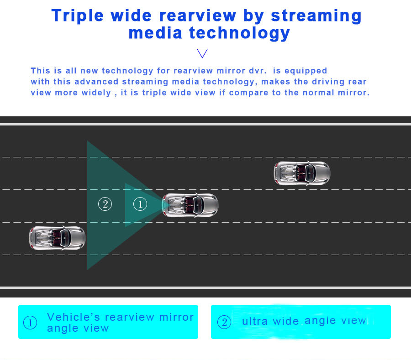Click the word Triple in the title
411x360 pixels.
77,16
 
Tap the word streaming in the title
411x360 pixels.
316,16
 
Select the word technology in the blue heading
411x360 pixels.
239,33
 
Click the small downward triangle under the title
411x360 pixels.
202,53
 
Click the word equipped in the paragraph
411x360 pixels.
306,71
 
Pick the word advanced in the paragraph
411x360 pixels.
96,82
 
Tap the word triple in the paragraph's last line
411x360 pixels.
153,93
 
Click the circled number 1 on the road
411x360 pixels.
140,204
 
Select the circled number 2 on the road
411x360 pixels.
105,204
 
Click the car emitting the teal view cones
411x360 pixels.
190,205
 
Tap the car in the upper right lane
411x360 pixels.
302,173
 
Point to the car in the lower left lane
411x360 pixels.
57,238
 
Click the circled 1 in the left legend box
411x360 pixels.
30,323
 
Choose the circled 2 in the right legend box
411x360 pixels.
224,322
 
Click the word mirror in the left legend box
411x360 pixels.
176,317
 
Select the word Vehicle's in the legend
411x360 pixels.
74,317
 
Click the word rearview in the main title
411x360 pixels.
198,16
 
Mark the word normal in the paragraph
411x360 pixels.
318,93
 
